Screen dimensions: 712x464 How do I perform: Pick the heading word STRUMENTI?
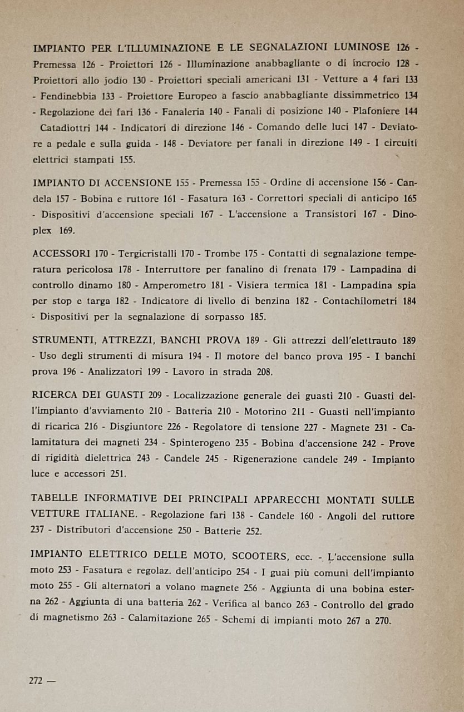[x=62, y=340]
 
